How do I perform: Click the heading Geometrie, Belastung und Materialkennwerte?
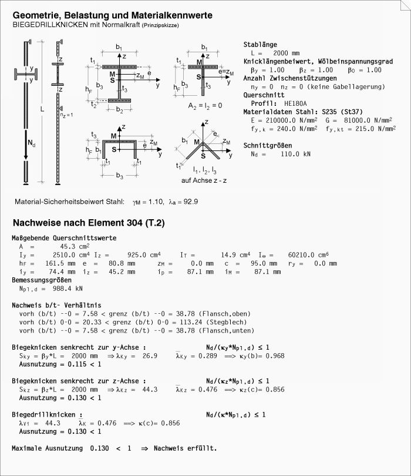(x=113, y=15)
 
